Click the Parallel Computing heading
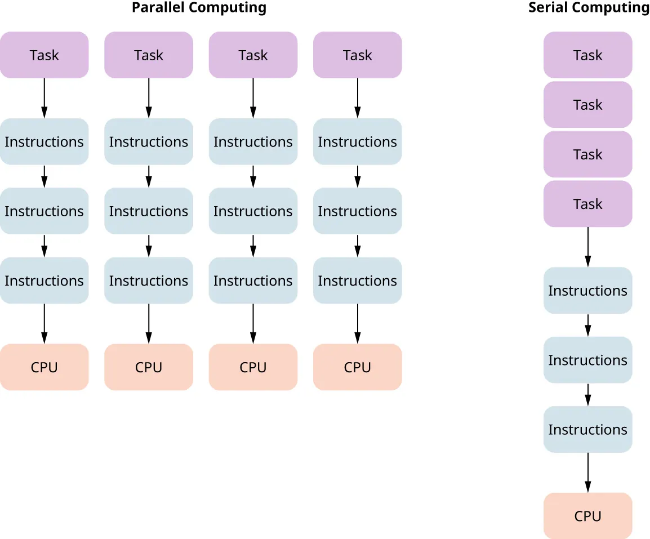point(199,8)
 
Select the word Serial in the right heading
point(547,8)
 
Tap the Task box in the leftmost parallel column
point(44,55)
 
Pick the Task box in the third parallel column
point(253,55)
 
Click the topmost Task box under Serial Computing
point(587,55)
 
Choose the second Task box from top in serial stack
point(587,105)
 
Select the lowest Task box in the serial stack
point(587,204)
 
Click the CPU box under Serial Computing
point(587,516)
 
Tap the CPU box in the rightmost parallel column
point(357,367)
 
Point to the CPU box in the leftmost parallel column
point(44,367)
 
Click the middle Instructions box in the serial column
point(587,360)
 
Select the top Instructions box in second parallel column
point(149,142)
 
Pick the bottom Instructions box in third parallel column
point(253,280)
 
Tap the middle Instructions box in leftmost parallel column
point(44,211)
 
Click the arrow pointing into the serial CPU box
point(587,473)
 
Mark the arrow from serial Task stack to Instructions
point(587,247)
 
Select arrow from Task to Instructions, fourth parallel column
point(357,99)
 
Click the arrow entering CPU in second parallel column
point(149,324)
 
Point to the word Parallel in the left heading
point(155,8)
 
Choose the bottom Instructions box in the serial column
point(587,429)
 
